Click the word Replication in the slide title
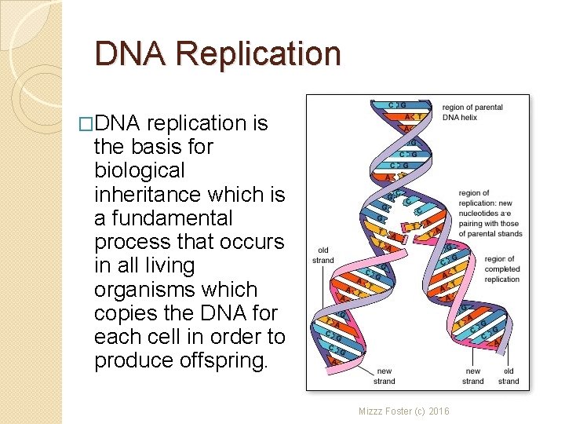click(x=259, y=54)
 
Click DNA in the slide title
click(x=130, y=54)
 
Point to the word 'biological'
click(x=139, y=170)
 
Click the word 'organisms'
click(x=138, y=289)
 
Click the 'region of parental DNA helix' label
click(x=472, y=112)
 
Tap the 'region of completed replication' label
click(x=501, y=269)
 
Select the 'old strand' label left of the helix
click(x=323, y=256)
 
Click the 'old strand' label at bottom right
click(x=508, y=376)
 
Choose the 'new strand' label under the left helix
click(x=385, y=376)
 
